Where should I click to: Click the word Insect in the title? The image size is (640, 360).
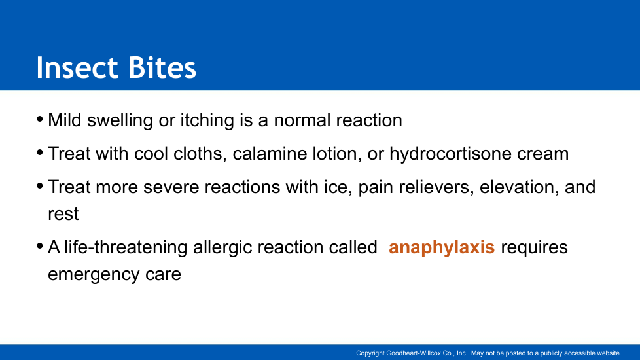[77, 67]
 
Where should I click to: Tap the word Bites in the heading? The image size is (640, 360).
[162, 67]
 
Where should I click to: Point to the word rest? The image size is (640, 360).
[63, 214]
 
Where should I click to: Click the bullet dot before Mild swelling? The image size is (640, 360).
[40, 120]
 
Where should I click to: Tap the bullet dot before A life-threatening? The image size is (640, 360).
[40, 247]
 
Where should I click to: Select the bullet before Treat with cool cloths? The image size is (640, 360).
[40, 153]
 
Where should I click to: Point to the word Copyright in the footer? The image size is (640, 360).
[370, 353]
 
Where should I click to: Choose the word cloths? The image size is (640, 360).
[200, 154]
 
